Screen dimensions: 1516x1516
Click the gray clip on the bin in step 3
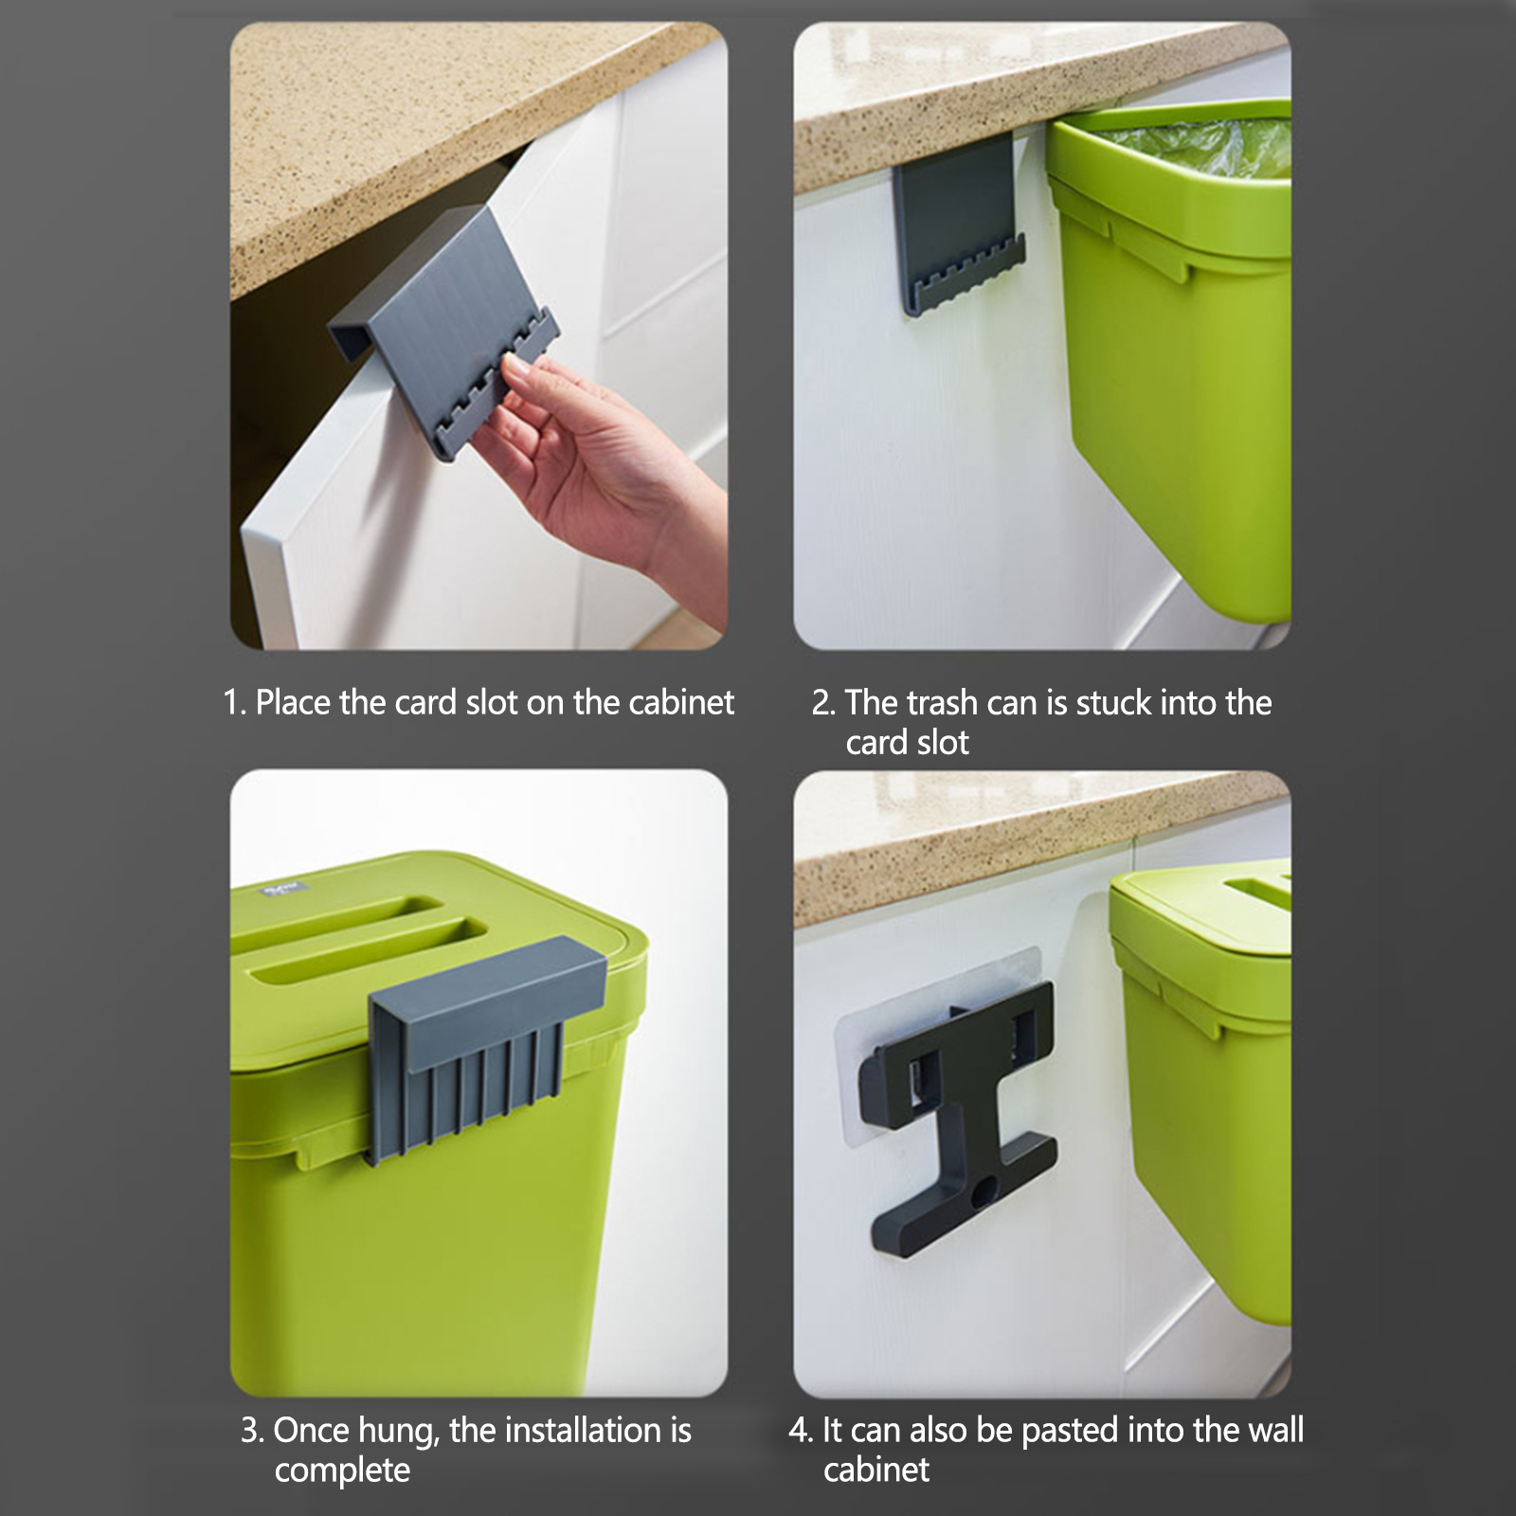click(x=485, y=1042)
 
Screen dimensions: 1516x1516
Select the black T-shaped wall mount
click(x=959, y=1118)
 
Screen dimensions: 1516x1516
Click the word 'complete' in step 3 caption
click(x=342, y=1471)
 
